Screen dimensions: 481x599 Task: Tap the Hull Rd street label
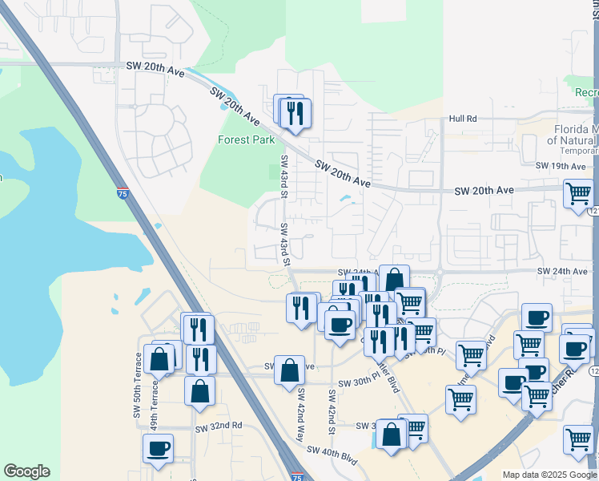point(463,119)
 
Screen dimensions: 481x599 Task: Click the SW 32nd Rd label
point(219,426)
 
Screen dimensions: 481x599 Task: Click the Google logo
point(26,472)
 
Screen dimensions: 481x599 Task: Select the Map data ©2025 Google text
point(549,475)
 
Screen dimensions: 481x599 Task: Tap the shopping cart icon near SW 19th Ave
point(578,193)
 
